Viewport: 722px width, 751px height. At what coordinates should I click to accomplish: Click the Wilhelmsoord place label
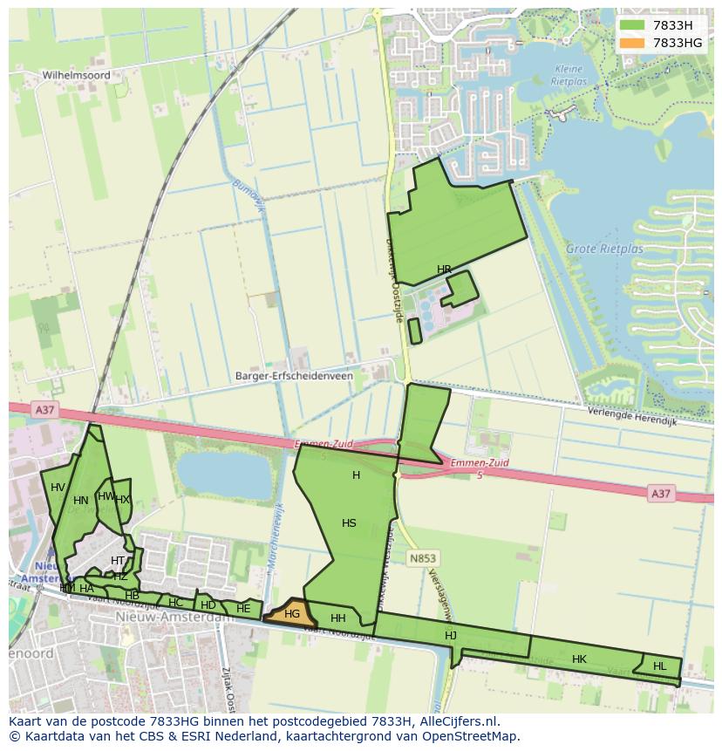tap(77, 76)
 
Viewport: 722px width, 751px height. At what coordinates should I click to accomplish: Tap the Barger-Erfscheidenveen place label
tap(294, 377)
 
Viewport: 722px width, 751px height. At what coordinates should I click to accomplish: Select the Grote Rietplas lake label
tap(604, 249)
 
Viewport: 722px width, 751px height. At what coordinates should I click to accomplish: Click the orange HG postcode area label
tap(292, 614)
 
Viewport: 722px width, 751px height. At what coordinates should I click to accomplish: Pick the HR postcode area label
tap(444, 270)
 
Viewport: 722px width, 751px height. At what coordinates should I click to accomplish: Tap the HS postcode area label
tap(349, 523)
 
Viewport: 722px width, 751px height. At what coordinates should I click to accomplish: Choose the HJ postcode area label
tap(451, 635)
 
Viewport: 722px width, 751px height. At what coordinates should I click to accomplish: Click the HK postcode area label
tap(579, 659)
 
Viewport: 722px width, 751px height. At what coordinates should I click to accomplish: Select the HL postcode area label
tap(659, 666)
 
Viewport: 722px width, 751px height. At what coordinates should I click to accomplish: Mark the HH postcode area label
tap(338, 618)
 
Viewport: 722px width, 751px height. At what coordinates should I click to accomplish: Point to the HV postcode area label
tap(58, 488)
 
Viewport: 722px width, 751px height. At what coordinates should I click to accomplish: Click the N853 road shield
tap(423, 557)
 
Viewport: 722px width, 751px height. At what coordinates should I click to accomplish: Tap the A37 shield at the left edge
tap(44, 409)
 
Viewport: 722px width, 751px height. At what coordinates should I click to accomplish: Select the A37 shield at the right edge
tap(661, 494)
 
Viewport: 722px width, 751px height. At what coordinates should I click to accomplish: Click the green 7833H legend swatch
tap(632, 25)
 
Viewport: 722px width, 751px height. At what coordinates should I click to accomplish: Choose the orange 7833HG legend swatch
tap(632, 43)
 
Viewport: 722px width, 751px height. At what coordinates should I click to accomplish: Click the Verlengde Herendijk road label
tap(632, 416)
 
